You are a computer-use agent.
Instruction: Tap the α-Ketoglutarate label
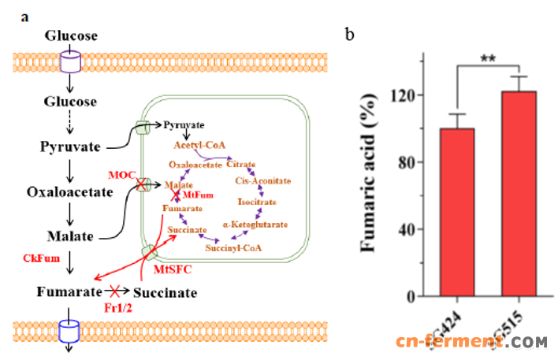tap(260, 225)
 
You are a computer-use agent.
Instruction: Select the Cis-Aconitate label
tap(259, 180)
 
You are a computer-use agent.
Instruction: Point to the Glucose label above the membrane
tap(71, 35)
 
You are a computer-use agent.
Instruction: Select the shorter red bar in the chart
tap(456, 212)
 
